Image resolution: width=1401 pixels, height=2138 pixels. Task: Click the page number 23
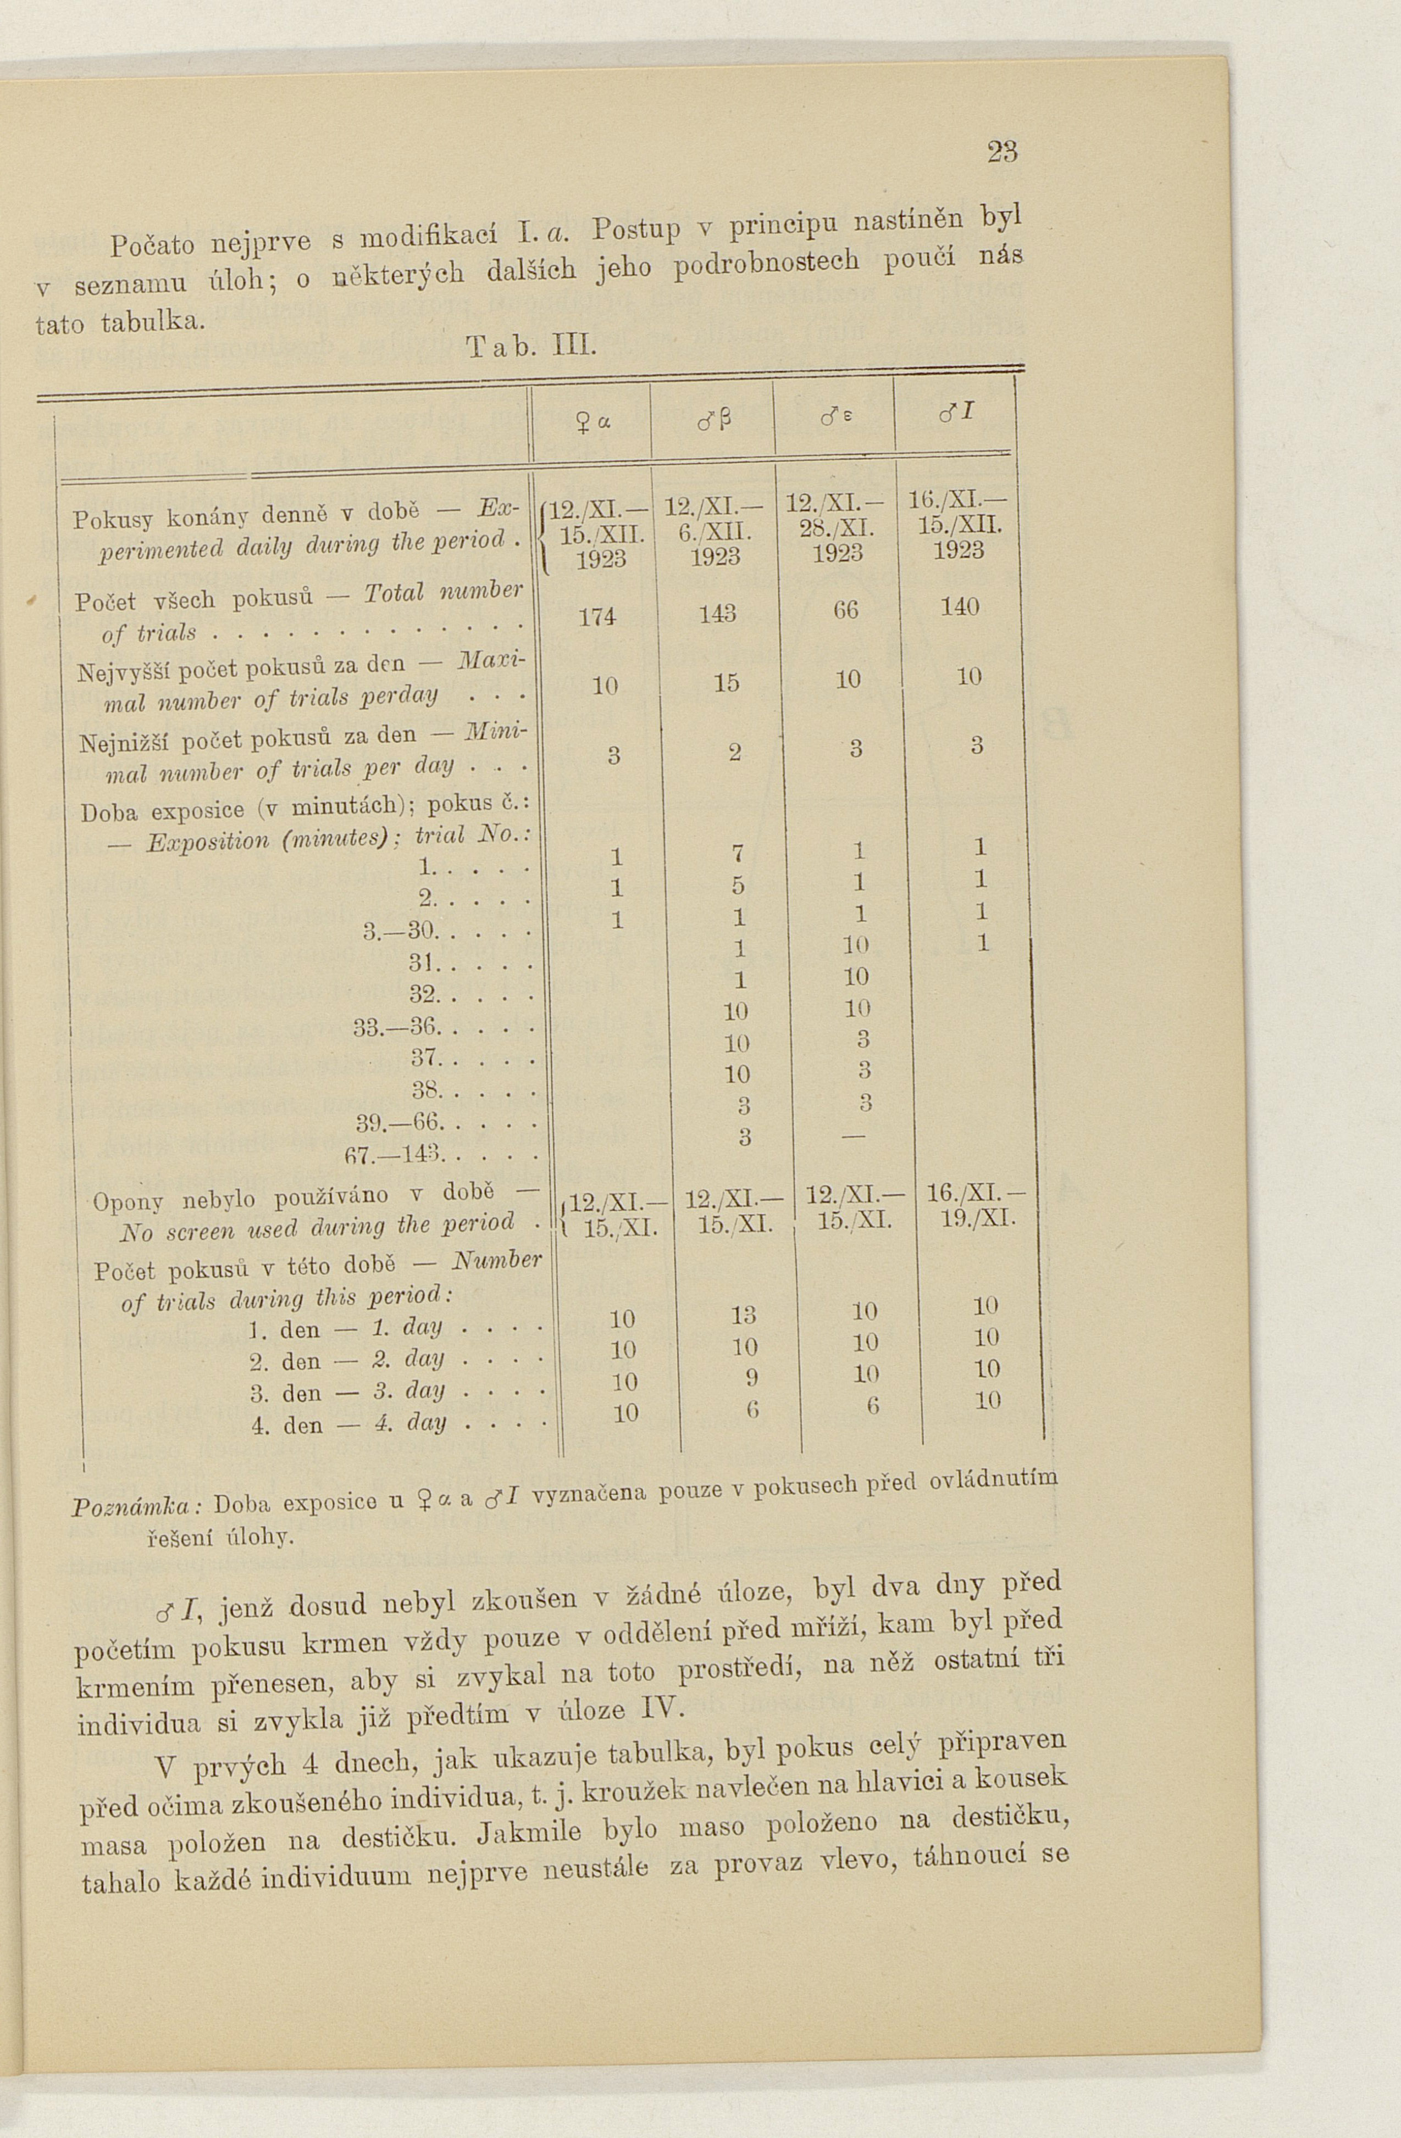point(1002,152)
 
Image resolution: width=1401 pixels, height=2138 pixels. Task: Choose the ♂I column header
point(955,413)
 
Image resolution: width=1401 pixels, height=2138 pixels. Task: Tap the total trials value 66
point(846,610)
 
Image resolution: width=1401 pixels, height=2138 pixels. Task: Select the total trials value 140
point(959,606)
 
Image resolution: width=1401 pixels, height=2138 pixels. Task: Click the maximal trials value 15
point(726,683)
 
